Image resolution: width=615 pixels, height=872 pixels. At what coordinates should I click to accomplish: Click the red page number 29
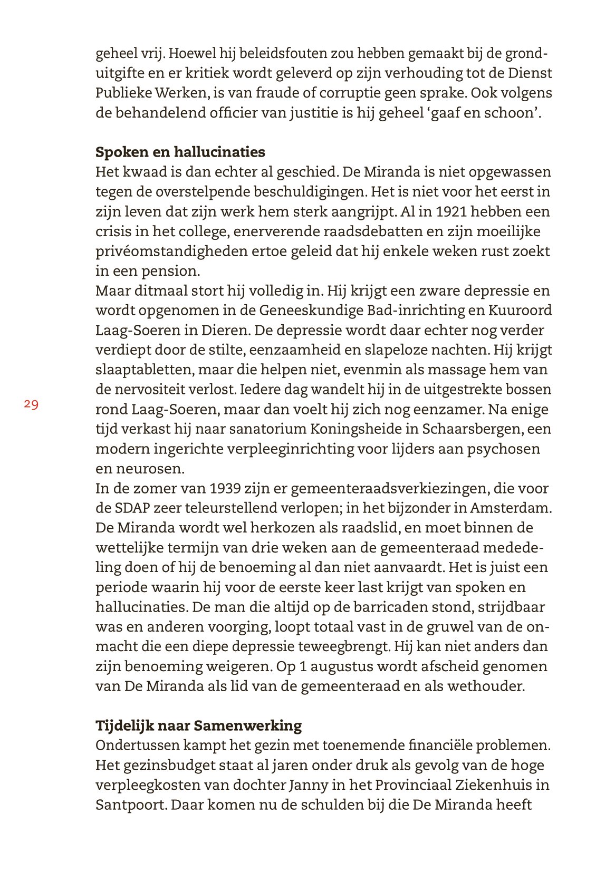tap(31, 404)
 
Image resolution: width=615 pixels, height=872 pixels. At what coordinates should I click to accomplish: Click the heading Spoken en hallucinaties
tap(180, 152)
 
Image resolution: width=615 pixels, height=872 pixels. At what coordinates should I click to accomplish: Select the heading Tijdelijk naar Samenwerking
tap(198, 725)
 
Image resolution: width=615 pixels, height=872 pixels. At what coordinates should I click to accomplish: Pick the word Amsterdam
tap(511, 508)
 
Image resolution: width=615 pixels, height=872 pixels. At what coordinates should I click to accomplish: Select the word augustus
tap(341, 666)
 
